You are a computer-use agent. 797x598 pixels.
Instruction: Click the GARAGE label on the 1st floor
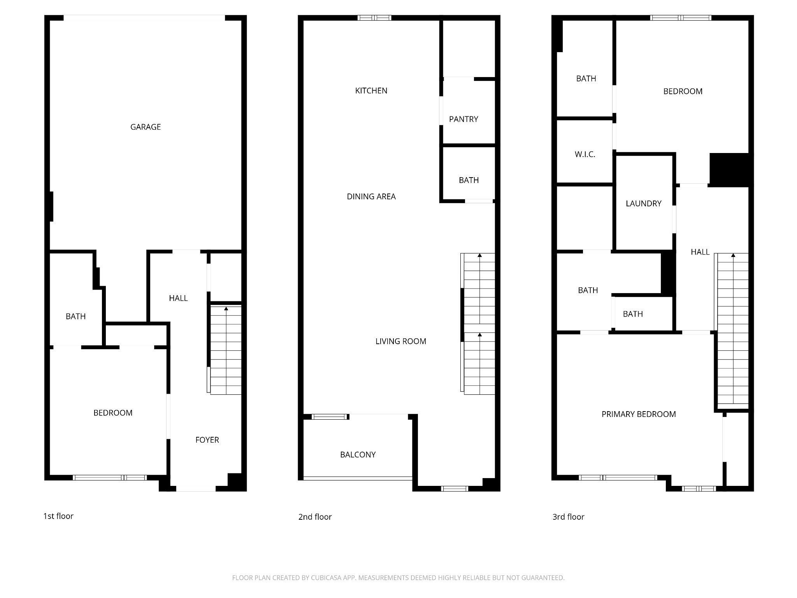point(145,127)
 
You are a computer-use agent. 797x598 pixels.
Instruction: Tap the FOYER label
point(207,440)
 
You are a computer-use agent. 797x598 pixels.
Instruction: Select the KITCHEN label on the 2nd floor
point(371,91)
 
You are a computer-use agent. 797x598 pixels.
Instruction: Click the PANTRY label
point(463,119)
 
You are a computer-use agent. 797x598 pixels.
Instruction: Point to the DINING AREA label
point(371,197)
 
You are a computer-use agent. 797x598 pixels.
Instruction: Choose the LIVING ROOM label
point(400,341)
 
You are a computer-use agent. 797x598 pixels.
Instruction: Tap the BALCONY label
point(358,455)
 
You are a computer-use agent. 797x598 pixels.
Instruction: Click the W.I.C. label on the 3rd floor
point(585,155)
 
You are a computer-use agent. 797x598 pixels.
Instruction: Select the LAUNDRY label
point(643,204)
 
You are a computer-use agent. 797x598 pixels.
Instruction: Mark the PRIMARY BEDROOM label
point(638,414)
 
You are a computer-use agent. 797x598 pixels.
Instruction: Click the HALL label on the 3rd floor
point(700,252)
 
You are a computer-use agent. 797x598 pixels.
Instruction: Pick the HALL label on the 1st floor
point(178,298)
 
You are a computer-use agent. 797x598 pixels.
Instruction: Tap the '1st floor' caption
point(58,516)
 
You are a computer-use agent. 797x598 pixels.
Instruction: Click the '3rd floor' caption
point(568,517)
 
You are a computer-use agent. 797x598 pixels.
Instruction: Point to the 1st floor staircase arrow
point(226,309)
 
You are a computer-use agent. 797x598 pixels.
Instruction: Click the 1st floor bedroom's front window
point(110,478)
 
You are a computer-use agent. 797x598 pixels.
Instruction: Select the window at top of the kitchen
point(374,18)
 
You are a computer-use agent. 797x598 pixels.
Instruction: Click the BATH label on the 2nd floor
point(469,180)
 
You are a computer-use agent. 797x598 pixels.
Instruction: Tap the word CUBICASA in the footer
point(326,578)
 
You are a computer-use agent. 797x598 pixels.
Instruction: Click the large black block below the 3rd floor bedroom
point(729,169)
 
